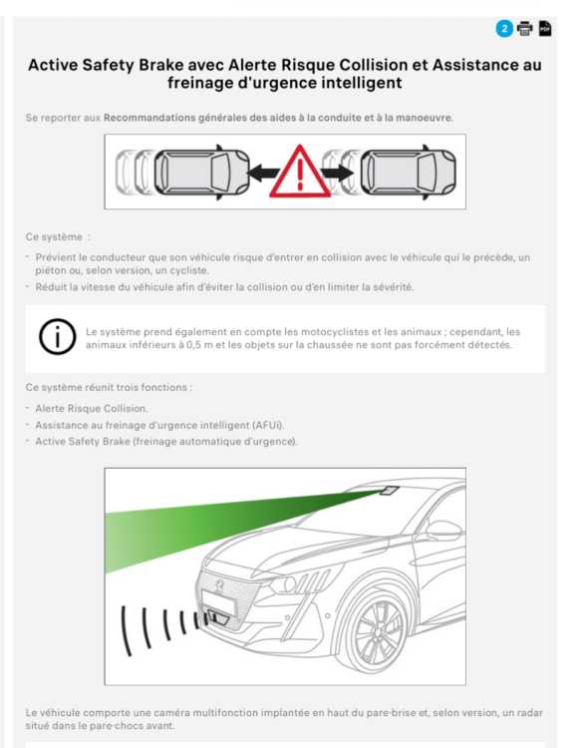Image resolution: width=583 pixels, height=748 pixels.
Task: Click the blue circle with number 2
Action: click(x=504, y=29)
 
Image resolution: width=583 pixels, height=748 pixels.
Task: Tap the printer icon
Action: click(x=525, y=29)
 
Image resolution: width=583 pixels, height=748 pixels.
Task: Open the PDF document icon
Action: click(x=545, y=28)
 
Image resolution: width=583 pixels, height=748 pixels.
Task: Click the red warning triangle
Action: click(x=300, y=172)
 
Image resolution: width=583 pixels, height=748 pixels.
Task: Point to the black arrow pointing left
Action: click(x=264, y=173)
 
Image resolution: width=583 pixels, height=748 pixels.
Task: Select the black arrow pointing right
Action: click(x=338, y=173)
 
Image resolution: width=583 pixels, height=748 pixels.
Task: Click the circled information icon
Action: click(x=57, y=337)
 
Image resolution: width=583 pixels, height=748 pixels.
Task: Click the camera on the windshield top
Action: click(x=390, y=491)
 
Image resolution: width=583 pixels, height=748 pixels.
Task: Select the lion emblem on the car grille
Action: click(x=219, y=586)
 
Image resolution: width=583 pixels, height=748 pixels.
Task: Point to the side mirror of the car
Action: click(x=443, y=530)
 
